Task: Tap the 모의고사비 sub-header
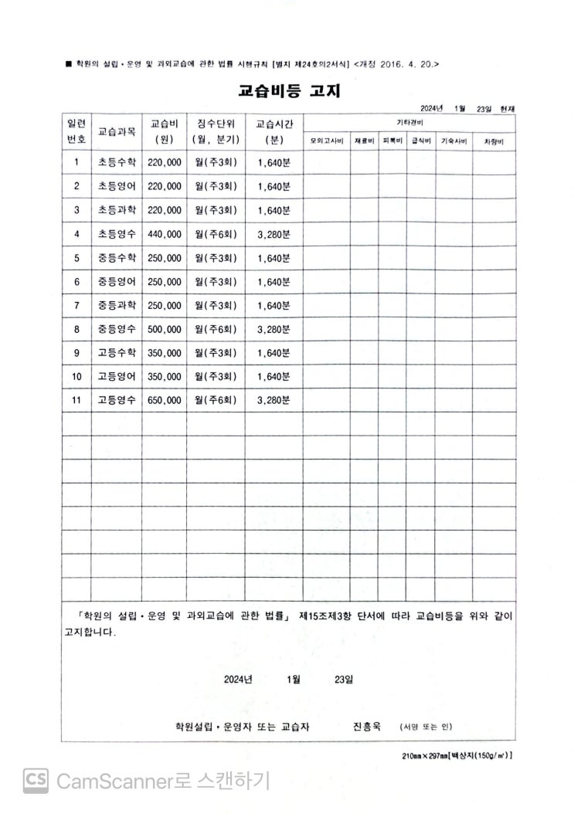[327, 141]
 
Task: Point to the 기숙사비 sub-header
[453, 141]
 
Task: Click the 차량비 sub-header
[494, 141]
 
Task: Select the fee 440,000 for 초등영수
[164, 234]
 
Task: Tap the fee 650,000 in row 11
[164, 400]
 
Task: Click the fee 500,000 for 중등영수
[164, 329]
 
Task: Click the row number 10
[76, 377]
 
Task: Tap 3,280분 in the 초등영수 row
[274, 234]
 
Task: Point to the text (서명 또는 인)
[426, 727]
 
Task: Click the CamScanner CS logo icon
[36, 780]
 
